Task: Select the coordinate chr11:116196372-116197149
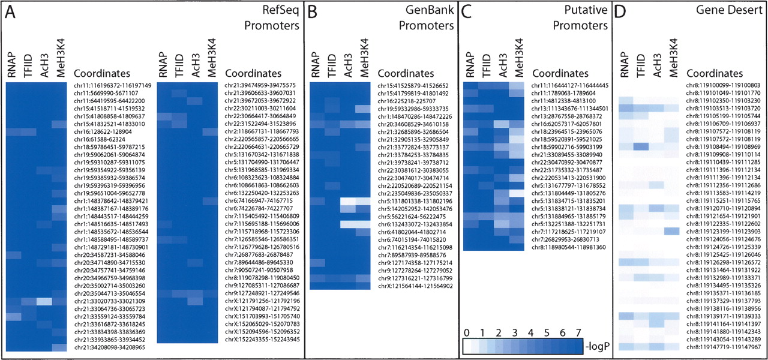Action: [112, 86]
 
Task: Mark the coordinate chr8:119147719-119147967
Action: [723, 347]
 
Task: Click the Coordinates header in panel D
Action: [714, 73]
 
